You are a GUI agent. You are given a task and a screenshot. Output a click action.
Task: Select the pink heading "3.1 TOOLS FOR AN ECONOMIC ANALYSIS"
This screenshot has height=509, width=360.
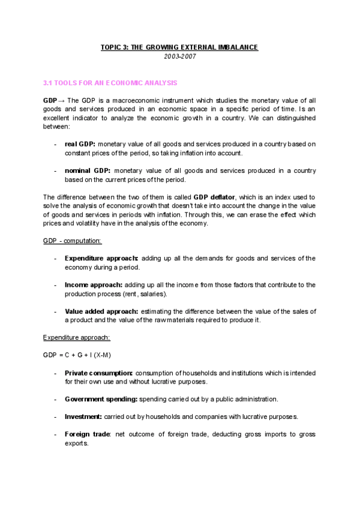pyautogui.click(x=110, y=82)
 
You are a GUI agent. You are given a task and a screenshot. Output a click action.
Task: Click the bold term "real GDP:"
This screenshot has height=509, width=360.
pyautogui.click(x=80, y=144)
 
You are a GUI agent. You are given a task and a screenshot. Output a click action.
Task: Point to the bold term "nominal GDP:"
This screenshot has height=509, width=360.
pyautogui.click(x=87, y=170)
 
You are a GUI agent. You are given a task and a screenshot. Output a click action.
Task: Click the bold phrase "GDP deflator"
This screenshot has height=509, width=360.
pyautogui.click(x=215, y=197)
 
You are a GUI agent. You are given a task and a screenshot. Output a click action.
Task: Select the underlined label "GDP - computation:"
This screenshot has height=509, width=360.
pyautogui.click(x=73, y=241)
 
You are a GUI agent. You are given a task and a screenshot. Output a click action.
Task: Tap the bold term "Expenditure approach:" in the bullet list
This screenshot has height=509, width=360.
pyautogui.click(x=101, y=258)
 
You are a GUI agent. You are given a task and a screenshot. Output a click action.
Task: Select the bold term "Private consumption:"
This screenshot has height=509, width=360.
pyautogui.click(x=99, y=373)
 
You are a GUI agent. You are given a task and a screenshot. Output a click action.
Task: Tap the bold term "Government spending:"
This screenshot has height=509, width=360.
pyautogui.click(x=101, y=399)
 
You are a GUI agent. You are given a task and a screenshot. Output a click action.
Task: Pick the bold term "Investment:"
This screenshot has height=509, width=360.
pyautogui.click(x=83, y=417)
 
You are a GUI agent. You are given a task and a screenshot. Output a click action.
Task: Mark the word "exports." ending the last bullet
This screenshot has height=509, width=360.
pyautogui.click(x=76, y=443)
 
